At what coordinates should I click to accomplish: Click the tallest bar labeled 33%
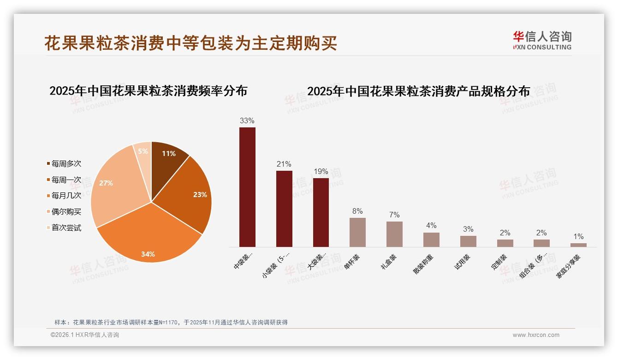247,187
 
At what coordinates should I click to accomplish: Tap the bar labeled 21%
284,209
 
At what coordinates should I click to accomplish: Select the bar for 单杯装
357,232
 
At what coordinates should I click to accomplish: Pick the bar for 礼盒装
394,234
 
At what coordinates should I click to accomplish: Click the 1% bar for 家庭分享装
578,245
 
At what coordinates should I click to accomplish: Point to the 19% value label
321,172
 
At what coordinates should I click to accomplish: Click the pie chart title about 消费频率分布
148,90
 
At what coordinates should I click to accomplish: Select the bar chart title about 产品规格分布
418,91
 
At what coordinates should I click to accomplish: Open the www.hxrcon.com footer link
536,335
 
